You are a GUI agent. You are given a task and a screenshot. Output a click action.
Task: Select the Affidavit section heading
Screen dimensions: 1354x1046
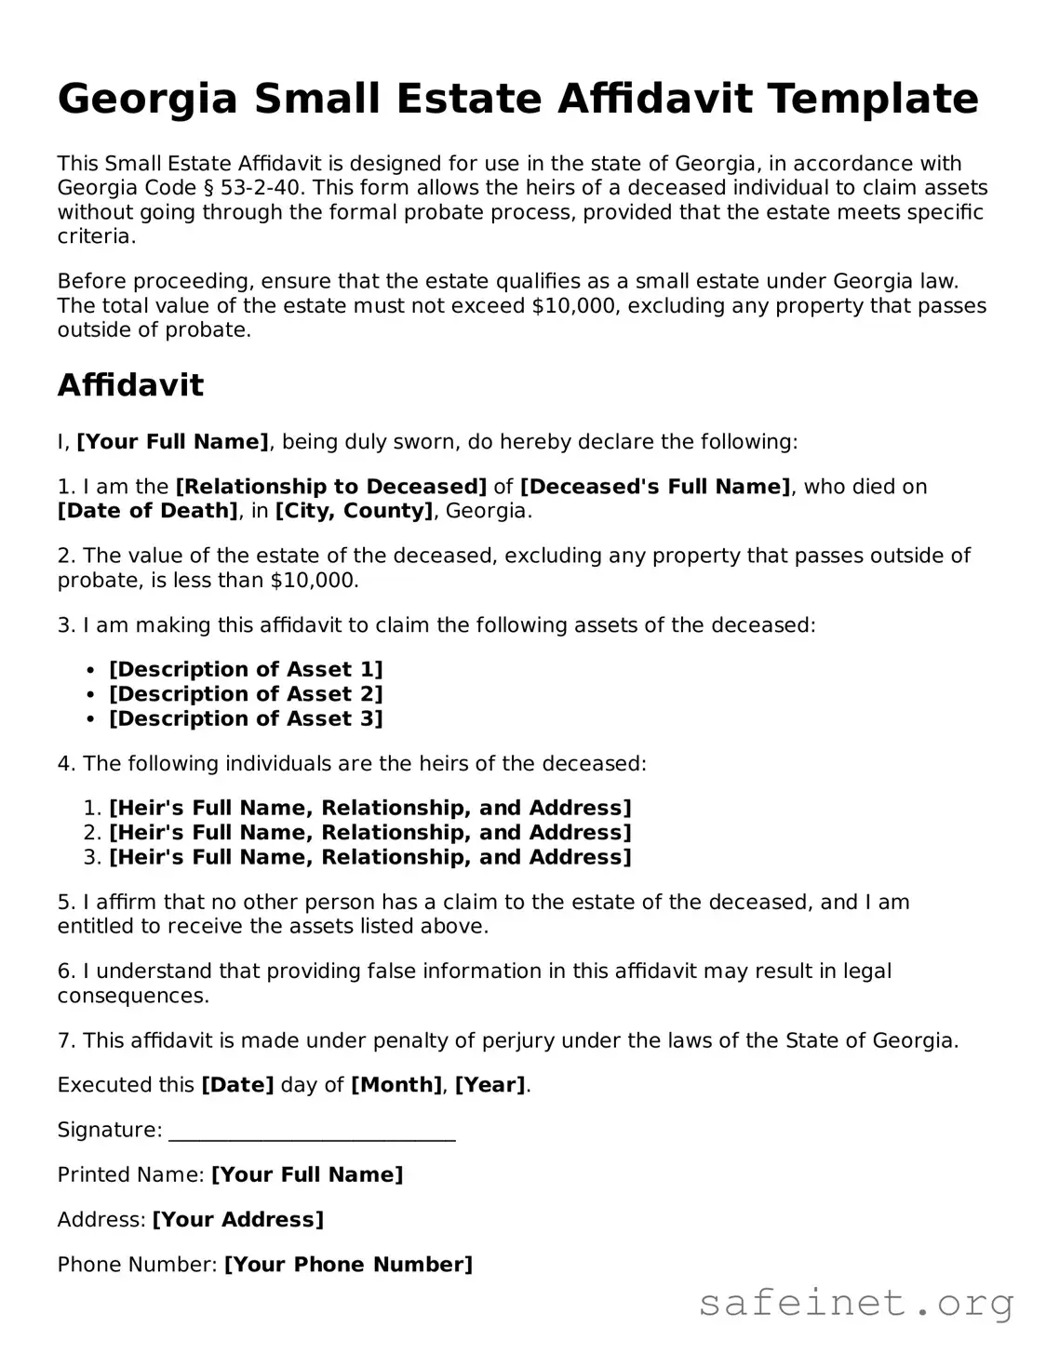[x=130, y=384]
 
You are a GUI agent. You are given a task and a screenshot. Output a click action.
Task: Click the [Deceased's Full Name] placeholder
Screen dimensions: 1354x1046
[x=655, y=487]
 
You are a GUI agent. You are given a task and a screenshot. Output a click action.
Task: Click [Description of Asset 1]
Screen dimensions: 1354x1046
[x=246, y=670]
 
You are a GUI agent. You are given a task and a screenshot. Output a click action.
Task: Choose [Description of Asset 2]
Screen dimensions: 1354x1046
[x=246, y=694]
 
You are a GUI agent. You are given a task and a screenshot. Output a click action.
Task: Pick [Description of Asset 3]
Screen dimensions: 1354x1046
[x=246, y=718]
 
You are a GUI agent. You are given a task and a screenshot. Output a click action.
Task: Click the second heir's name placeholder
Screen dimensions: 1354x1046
[x=369, y=833]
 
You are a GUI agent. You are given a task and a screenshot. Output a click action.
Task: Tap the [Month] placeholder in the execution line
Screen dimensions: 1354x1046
[x=396, y=1085]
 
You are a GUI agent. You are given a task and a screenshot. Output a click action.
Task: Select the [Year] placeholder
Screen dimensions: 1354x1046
[x=489, y=1085]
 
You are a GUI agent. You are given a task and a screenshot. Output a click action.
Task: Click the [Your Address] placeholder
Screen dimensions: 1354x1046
[x=237, y=1220]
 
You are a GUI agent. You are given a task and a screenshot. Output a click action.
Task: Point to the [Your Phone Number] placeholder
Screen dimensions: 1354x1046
[x=348, y=1265]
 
